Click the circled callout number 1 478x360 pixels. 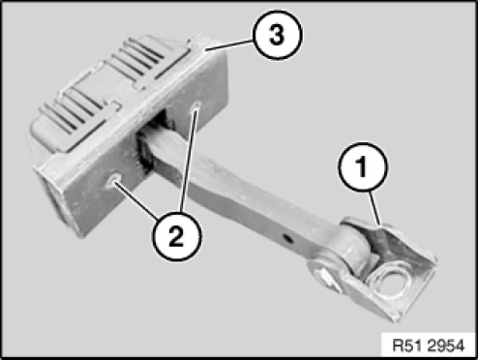[363, 166]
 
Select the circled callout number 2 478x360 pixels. [176, 236]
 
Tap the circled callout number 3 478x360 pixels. [277, 35]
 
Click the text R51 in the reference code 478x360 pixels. [408, 345]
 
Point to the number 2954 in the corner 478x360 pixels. [446, 345]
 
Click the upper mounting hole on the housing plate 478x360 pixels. [196, 105]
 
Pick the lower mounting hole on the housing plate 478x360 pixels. [114, 180]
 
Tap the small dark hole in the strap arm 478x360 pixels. [288, 239]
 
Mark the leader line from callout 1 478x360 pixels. [374, 207]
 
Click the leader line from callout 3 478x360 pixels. [229, 45]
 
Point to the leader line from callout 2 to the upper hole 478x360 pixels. [189, 162]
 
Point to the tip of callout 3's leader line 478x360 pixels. [206, 50]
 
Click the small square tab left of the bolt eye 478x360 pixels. [326, 278]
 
